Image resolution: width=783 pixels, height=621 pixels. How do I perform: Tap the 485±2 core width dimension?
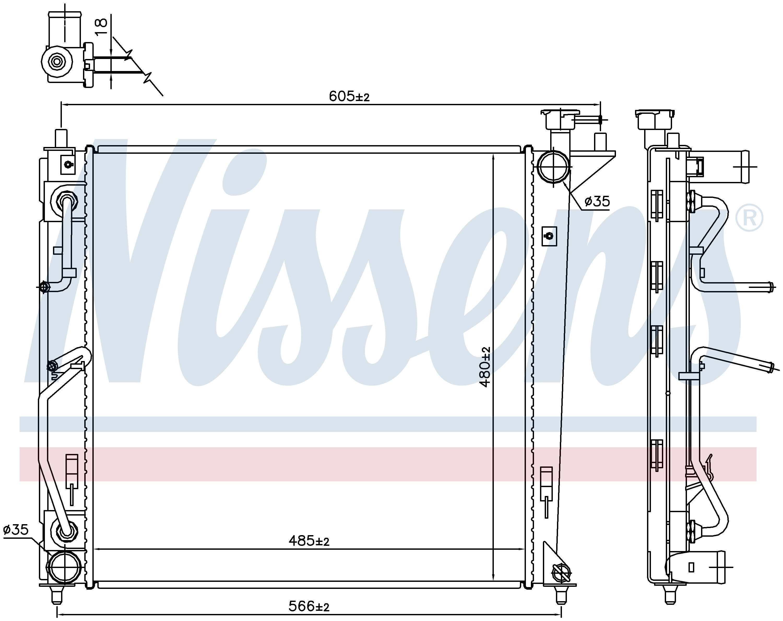point(309,541)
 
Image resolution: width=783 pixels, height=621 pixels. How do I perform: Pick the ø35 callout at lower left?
point(16,530)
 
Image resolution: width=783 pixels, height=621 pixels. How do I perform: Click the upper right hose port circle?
point(553,167)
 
